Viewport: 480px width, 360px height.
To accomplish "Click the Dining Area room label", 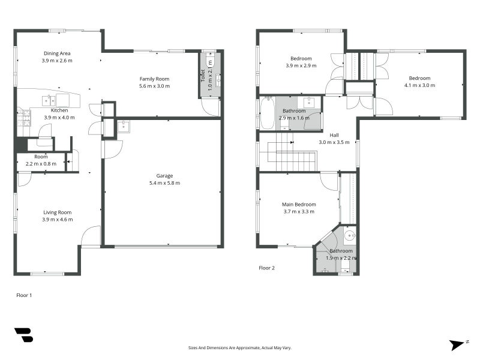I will click(57, 53).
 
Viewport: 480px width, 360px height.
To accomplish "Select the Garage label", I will click(164, 176).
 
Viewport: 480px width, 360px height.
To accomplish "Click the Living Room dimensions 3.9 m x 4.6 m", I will click(57, 220).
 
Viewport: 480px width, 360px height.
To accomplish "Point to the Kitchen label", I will click(59, 110).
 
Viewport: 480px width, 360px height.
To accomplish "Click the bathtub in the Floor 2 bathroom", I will click(267, 113).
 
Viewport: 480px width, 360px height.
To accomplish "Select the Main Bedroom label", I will click(298, 204).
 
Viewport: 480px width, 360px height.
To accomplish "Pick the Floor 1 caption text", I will click(23, 295).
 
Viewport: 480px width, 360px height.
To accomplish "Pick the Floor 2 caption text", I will click(266, 268).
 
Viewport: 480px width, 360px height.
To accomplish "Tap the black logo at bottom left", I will click(23, 335).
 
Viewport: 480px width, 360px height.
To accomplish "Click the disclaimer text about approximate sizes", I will click(240, 347).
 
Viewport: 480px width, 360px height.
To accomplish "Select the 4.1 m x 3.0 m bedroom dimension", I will click(419, 85).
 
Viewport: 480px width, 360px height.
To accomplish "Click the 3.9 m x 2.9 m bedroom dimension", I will click(298, 65).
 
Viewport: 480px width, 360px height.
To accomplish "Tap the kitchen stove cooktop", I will click(24, 121).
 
